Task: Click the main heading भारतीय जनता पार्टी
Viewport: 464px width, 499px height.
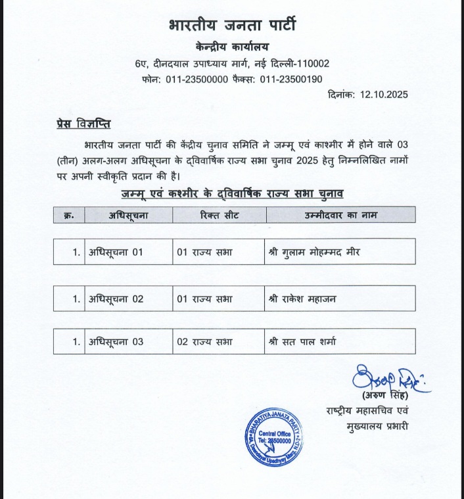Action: (233, 26)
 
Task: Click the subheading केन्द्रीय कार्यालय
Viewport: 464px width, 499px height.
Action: (233, 47)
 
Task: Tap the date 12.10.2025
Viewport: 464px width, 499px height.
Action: (384, 95)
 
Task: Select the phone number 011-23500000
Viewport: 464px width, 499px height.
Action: (198, 79)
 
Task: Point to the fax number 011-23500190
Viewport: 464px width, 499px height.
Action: (291, 79)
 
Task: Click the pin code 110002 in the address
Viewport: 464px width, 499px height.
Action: (308, 64)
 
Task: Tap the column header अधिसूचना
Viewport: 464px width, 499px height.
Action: (128, 214)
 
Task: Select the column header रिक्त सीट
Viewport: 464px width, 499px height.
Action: (218, 214)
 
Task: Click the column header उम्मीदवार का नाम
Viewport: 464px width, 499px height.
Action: (340, 214)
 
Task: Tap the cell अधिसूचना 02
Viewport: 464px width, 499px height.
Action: (116, 298)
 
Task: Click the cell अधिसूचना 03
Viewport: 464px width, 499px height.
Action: (116, 341)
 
